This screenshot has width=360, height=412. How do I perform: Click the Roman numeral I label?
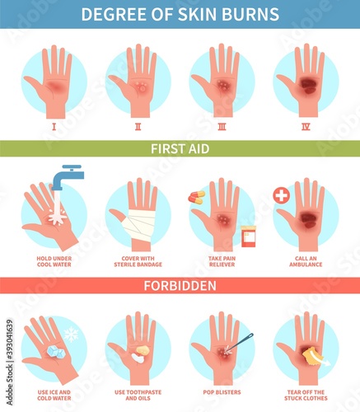pos(54,127)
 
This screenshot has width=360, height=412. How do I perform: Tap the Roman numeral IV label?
pos(306,127)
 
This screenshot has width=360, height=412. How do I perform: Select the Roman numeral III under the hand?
pos(222,127)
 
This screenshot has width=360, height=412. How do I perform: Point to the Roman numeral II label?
pos(138,127)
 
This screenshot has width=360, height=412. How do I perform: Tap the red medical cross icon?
pos(282,196)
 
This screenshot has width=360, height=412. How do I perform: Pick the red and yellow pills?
pos(197,197)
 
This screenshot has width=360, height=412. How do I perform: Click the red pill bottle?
pos(248,236)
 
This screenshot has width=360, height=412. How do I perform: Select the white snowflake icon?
pos(71,335)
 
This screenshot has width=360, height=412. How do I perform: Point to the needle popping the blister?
pos(239,343)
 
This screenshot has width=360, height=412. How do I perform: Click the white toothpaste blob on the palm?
pos(138,358)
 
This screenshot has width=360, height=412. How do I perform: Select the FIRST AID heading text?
pos(180,149)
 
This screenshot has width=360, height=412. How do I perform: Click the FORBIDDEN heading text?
pos(180,286)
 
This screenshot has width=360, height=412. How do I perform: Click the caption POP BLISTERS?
pos(222,392)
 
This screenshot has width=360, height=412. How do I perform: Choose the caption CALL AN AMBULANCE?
pos(306,261)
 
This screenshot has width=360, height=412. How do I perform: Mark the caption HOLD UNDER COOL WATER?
pos(54,261)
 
